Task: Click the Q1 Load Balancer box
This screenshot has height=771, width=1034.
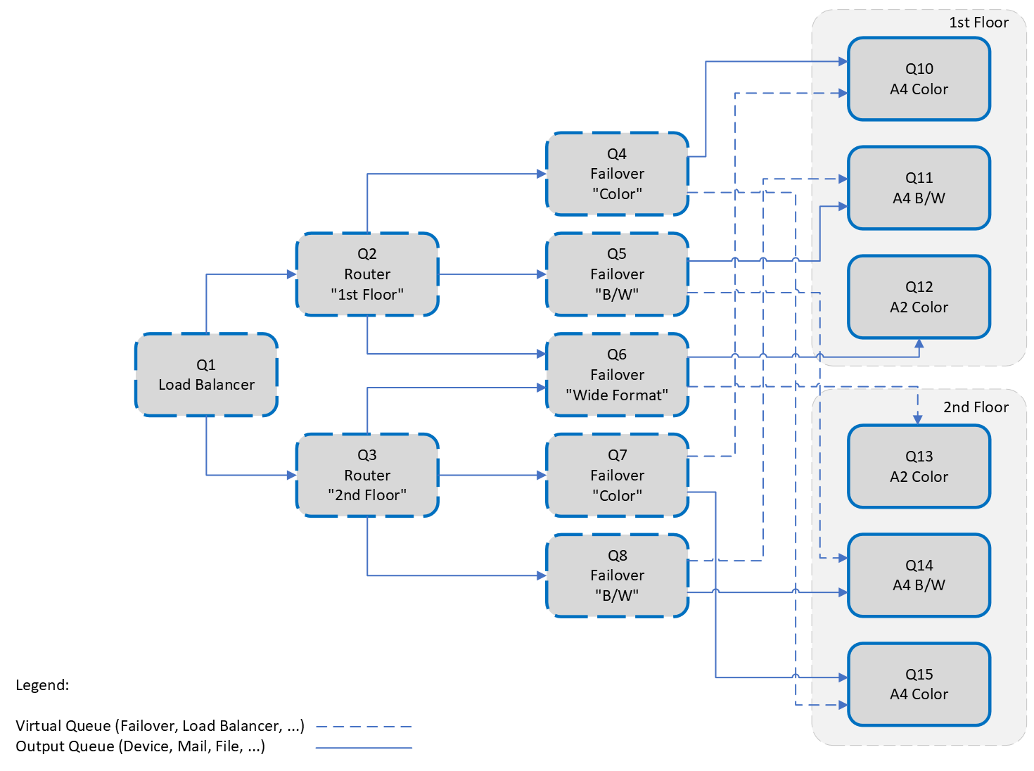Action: point(206,375)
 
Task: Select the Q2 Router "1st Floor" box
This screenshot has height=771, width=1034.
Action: point(367,274)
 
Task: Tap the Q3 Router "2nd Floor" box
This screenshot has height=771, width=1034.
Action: point(367,476)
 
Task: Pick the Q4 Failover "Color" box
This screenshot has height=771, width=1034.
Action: point(617,174)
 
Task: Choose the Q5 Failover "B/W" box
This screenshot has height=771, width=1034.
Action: point(617,274)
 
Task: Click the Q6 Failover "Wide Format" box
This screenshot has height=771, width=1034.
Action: point(617,375)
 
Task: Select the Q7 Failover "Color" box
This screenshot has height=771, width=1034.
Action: point(617,476)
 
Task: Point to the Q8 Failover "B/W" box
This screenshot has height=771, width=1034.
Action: point(617,575)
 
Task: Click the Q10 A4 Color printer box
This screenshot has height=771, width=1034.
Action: point(919,79)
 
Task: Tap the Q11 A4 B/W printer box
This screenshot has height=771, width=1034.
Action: point(919,188)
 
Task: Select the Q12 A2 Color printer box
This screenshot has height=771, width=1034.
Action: point(919,297)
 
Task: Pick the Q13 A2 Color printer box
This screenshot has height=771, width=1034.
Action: point(919,466)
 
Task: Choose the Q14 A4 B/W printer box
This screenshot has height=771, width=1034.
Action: point(919,575)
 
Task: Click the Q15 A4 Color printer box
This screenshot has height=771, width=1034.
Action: point(919,684)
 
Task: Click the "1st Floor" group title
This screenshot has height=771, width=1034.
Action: point(978,23)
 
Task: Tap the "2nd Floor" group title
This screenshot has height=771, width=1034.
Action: point(976,407)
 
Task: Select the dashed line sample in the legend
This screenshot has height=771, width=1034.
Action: point(364,727)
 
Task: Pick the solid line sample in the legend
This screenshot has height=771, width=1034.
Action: point(364,748)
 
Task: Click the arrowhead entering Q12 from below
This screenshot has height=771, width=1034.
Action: point(919,344)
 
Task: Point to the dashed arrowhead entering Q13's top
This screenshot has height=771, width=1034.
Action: point(917,419)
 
